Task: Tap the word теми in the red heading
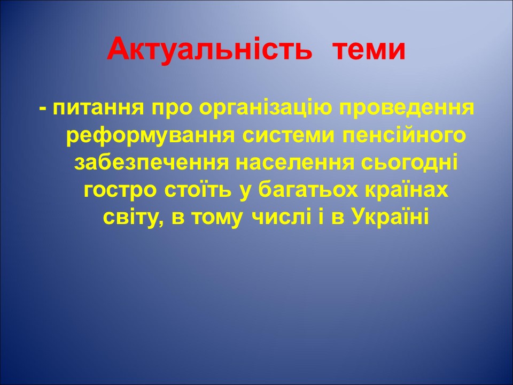point(369,50)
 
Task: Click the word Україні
point(391,218)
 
